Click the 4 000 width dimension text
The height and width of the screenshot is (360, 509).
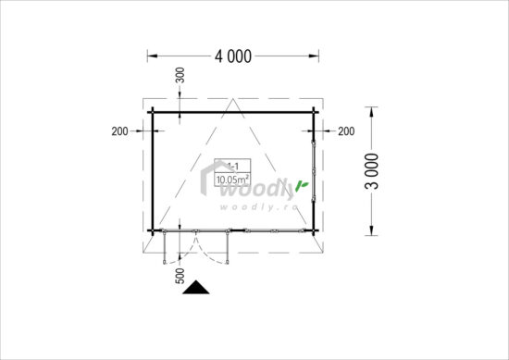point(233,56)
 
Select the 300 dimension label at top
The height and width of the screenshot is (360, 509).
point(180,76)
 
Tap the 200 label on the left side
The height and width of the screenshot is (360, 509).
point(118,130)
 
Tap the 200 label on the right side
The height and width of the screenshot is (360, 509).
point(346,130)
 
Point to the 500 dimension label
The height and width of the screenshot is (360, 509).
point(180,275)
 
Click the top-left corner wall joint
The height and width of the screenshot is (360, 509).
point(153,113)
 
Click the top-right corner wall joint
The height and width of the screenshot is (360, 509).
point(314,113)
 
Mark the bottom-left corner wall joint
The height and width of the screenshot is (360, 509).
point(153,230)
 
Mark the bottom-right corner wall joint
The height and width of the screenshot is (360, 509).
point(314,230)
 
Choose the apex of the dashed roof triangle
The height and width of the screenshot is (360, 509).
point(232,100)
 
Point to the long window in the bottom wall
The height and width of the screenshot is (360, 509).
point(268,231)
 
